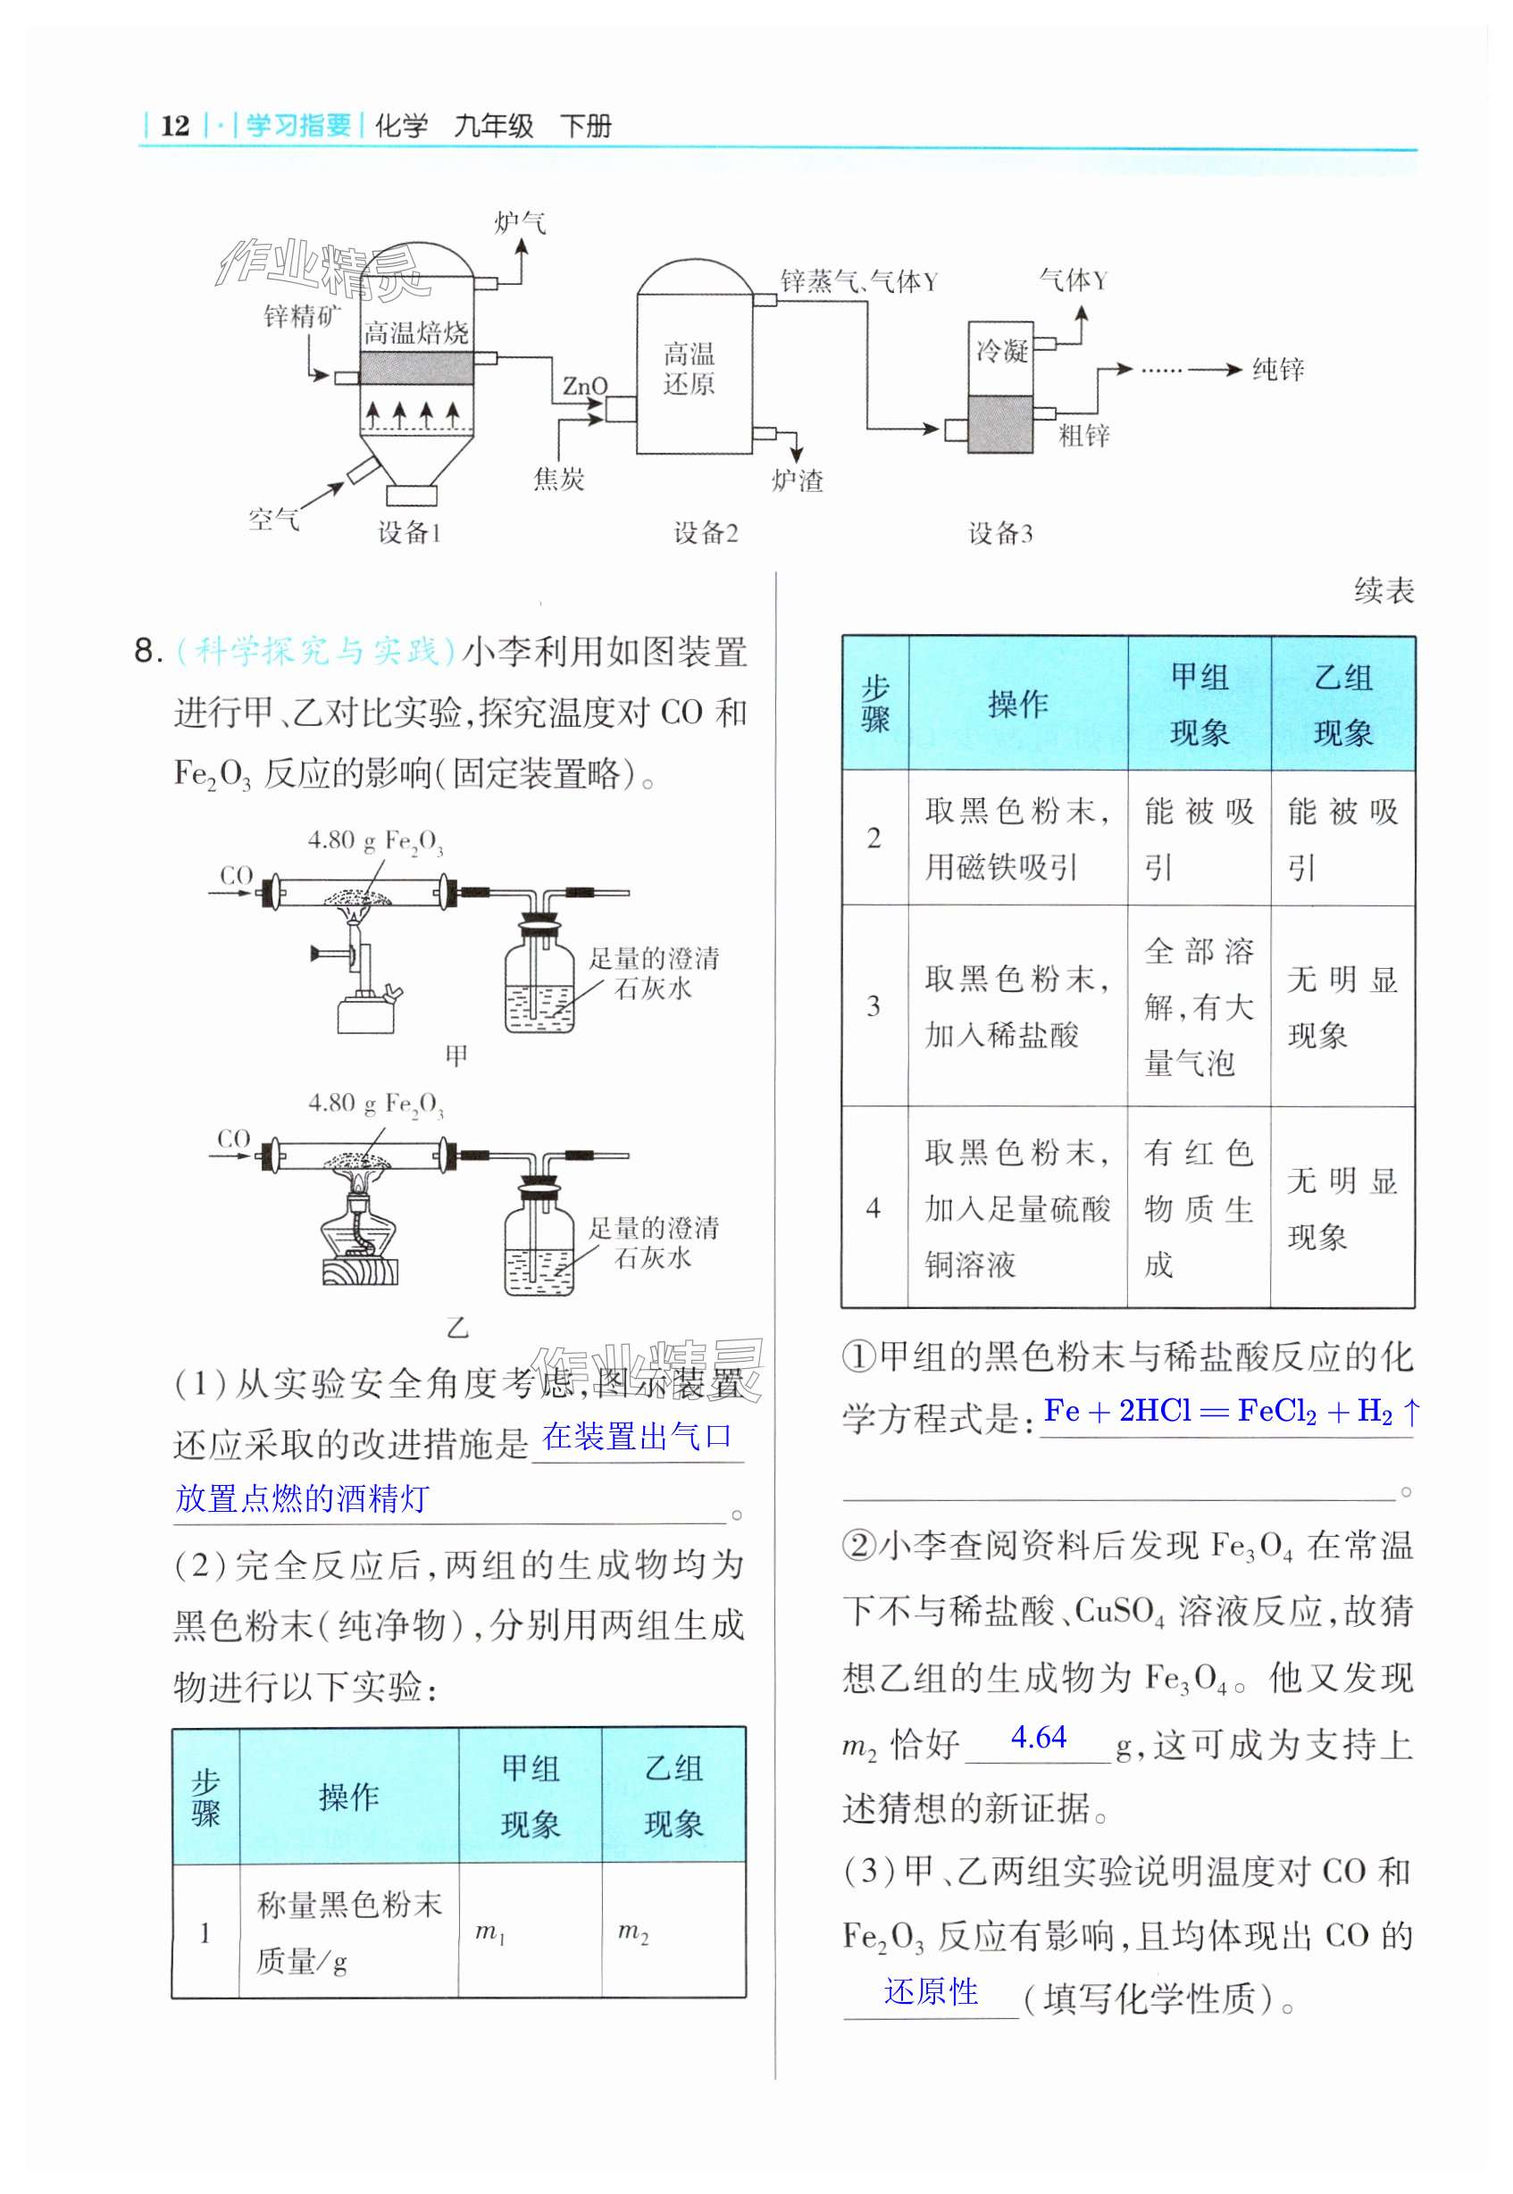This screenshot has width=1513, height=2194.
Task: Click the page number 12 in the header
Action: click(174, 125)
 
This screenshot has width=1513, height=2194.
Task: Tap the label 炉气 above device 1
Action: click(520, 222)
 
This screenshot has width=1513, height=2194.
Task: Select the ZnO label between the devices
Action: click(584, 386)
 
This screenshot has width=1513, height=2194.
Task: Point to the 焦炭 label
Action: click(558, 480)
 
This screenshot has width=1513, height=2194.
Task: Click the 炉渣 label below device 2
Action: click(798, 480)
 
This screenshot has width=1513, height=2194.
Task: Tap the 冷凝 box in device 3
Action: click(1001, 352)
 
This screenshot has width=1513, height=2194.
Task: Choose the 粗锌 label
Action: click(1083, 436)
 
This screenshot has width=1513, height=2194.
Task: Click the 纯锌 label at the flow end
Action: click(1278, 370)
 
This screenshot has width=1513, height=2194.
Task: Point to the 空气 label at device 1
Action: click(274, 519)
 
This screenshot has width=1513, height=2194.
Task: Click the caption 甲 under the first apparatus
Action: click(457, 1055)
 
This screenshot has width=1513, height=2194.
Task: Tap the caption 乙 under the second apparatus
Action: click(457, 1328)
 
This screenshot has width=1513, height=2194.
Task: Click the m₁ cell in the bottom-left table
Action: click(489, 1931)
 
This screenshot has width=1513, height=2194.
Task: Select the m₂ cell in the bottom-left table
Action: click(633, 1931)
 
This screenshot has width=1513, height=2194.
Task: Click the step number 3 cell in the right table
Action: click(874, 1005)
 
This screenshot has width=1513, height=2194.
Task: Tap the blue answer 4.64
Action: click(1039, 1737)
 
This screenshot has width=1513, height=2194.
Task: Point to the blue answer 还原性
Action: click(931, 1992)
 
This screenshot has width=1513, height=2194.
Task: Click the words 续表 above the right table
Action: click(1383, 591)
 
